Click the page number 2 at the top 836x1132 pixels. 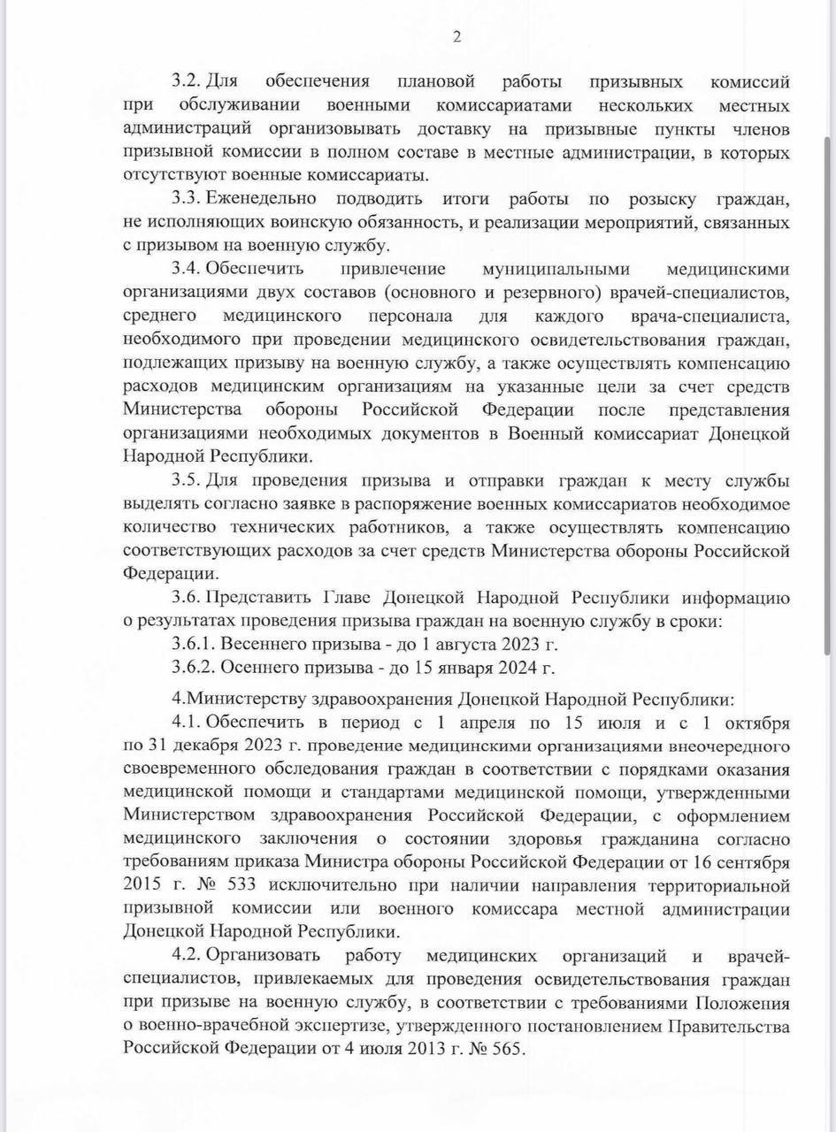point(456,36)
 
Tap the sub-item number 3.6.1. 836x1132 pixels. point(193,645)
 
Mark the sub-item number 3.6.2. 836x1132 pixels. point(193,668)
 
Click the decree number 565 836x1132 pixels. point(508,1049)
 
